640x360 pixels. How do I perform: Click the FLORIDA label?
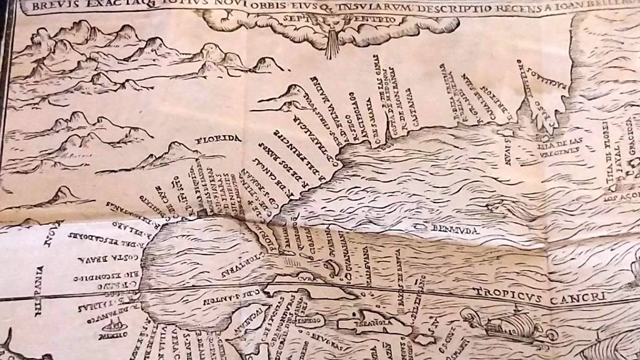click(x=217, y=138)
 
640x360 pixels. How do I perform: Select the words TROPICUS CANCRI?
click(x=539, y=294)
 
